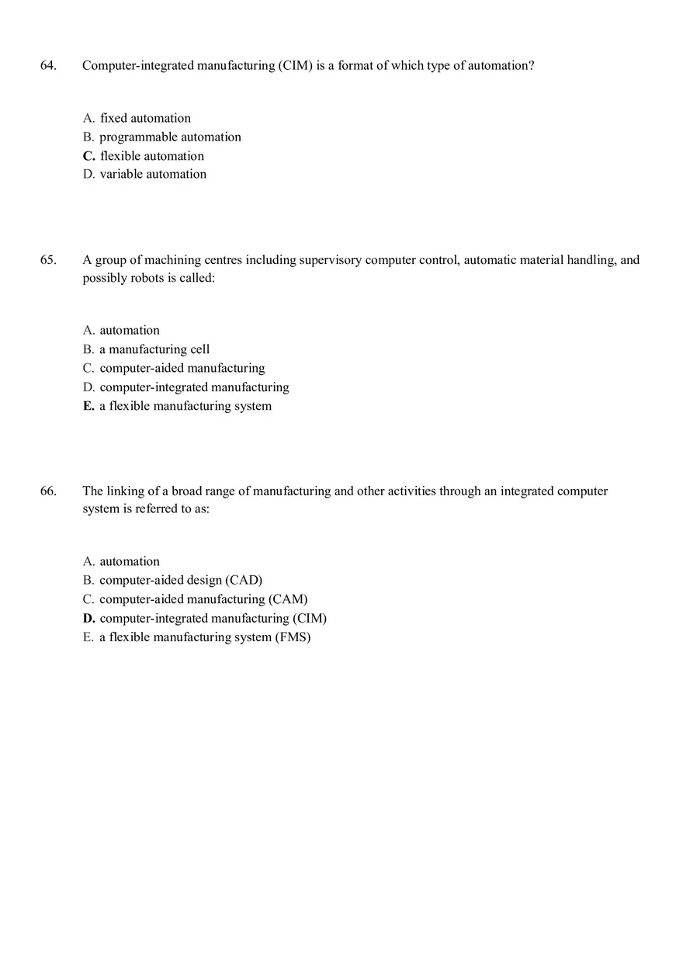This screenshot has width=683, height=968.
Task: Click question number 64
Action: (48, 66)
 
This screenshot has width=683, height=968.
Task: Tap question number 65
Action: (48, 260)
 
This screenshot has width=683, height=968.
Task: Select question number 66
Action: (48, 491)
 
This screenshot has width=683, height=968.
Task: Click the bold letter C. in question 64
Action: (88, 156)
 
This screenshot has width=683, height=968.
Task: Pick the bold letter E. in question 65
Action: (88, 406)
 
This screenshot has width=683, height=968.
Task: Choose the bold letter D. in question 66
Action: (89, 619)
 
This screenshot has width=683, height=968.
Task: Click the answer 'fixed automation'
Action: (145, 119)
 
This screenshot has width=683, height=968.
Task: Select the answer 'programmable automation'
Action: (170, 137)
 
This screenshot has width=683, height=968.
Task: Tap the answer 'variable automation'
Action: (153, 175)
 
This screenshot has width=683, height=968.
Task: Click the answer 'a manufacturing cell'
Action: (154, 349)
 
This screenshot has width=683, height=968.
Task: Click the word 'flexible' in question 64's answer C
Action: (120, 156)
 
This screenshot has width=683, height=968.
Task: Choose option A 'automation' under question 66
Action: (130, 562)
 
